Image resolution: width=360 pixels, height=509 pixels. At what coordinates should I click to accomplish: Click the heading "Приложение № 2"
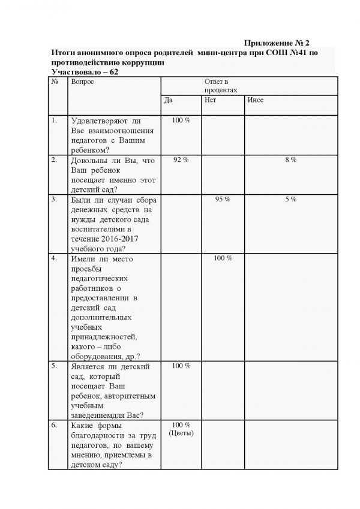coord(278,44)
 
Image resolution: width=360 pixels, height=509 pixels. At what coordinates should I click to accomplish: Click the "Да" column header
coord(169,100)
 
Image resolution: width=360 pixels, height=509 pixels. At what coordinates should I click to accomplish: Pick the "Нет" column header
coord(210,100)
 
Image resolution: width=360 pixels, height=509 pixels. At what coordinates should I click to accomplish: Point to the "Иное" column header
coord(255,100)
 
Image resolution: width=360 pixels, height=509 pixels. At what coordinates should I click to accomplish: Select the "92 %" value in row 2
coord(181,160)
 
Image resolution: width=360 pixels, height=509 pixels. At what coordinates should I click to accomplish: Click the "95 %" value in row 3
coord(222,199)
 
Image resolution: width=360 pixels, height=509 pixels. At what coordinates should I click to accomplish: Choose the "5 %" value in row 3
coord(290,199)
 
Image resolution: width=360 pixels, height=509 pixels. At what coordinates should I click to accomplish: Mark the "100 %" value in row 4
coord(222,258)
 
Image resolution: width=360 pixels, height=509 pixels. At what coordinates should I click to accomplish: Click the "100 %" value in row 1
coord(181,121)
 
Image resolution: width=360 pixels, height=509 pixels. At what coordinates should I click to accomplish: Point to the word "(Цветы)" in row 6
coord(181,433)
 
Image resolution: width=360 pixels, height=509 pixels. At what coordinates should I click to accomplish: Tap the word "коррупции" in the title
coord(137,62)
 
